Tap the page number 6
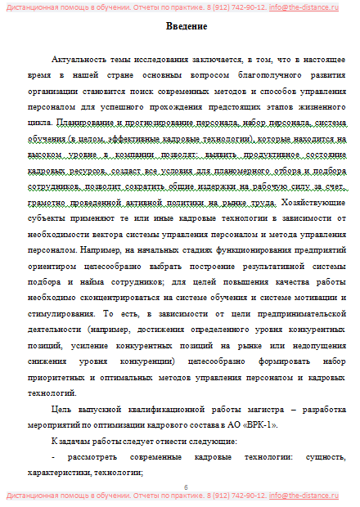click(186, 487)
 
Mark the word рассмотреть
click(93, 457)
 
